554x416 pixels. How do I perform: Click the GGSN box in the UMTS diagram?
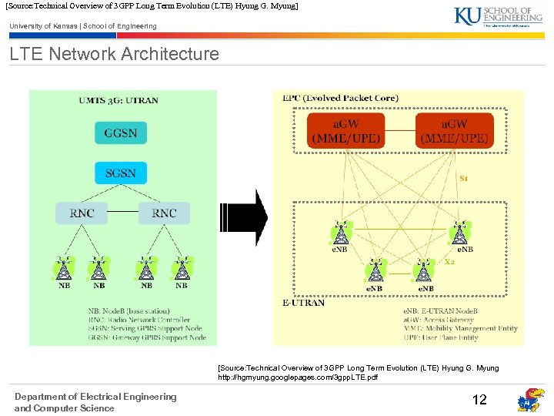pos(121,133)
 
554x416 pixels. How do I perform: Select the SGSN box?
pos(121,172)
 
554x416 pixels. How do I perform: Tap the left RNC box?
pos(82,213)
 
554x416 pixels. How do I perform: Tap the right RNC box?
pos(164,213)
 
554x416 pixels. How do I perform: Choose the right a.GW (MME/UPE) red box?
pos(454,131)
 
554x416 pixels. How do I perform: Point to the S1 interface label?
pos(464,178)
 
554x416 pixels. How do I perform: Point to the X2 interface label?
pos(450,262)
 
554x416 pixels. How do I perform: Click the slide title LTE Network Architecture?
pos(114,54)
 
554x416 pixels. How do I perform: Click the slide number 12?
pos(479,399)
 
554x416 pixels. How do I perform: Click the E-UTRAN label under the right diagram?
pos(304,303)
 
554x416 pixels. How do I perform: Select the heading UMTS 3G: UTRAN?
pos(118,100)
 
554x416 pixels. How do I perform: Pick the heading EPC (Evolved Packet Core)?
pos(340,98)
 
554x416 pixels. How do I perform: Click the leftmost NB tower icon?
pos(65,267)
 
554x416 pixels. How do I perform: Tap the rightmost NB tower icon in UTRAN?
pos(182,267)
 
